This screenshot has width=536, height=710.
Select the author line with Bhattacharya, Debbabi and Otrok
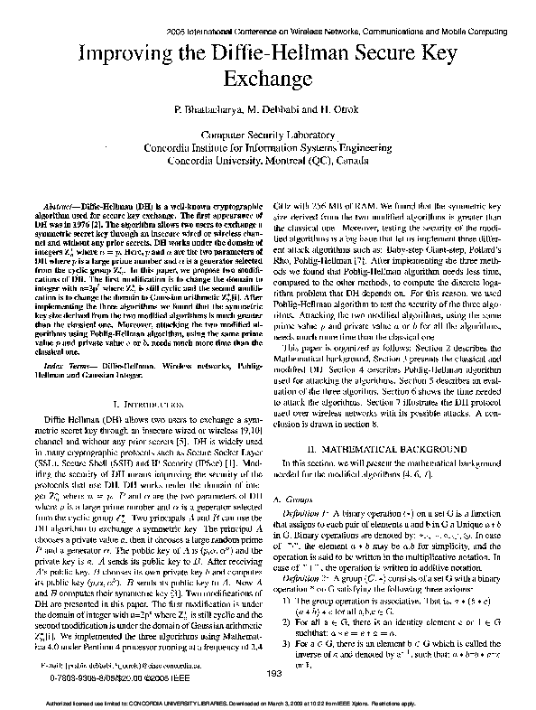(x=267, y=108)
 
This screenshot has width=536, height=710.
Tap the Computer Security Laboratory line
(x=267, y=133)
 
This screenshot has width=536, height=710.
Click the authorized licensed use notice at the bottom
(x=268, y=703)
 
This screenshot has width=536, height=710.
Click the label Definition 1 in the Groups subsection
(x=319, y=512)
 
